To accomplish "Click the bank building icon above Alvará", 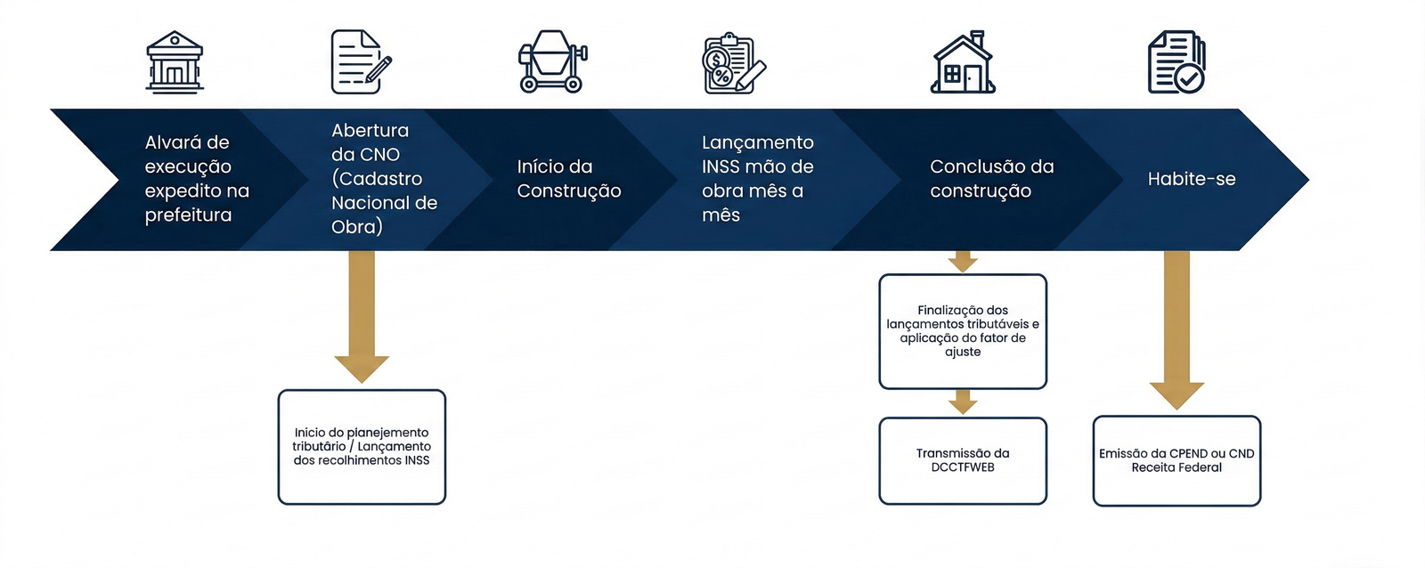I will pos(175,62).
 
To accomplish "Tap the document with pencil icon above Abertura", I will pos(360,62).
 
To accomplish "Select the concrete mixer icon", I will pos(552,62).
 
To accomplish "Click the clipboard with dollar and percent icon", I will pos(733,64).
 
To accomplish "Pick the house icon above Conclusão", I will pos(963,62).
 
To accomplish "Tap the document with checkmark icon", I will pos(1176,62).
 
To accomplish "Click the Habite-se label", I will pos(1191,179).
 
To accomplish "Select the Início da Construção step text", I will pos(569,179).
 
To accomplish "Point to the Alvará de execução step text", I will pos(197,179).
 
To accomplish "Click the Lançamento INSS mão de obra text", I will pos(757,179).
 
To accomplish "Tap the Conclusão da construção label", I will pos(991,179).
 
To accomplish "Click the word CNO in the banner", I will pos(380,155).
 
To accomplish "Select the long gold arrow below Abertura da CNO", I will pos(362,312).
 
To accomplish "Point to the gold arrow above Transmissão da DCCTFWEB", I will pos(963,402).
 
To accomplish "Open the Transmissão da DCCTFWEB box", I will pos(963,461).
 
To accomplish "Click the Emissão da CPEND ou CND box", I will pos(1177,461).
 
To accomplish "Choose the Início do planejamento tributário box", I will pos(362,447).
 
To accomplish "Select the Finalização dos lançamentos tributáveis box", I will pos(963,331).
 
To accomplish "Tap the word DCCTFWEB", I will pos(963,467).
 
